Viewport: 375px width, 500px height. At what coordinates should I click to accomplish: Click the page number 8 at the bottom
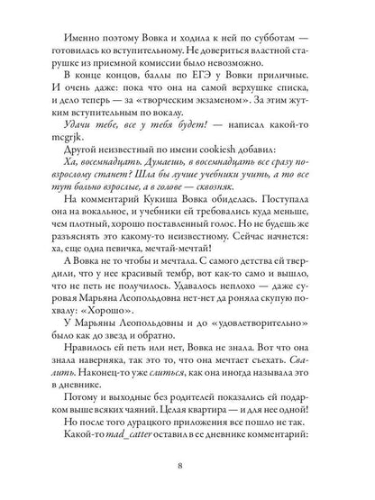[x=188, y=466]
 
